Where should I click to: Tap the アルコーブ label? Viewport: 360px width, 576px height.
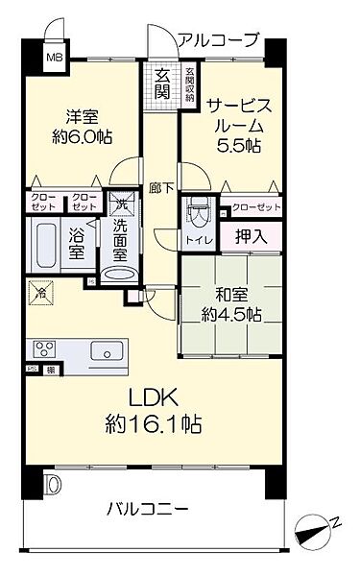coord(218,39)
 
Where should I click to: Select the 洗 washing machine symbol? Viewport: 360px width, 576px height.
coord(121,203)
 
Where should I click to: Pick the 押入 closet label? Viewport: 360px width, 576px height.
coord(251,236)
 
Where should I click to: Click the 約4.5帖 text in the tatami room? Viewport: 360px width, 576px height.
coord(228,314)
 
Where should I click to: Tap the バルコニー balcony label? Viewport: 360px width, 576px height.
coord(146,509)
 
